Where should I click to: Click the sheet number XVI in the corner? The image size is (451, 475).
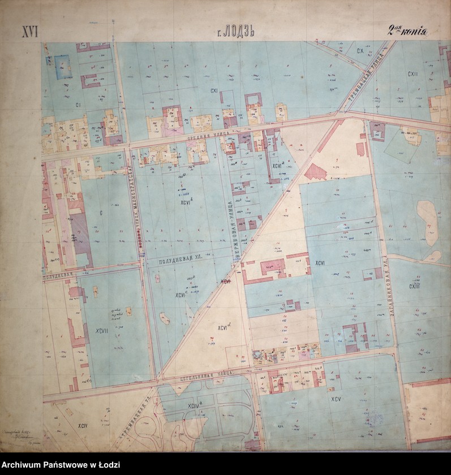coord(29,32)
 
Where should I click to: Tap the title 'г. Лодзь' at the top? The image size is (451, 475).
coord(235,32)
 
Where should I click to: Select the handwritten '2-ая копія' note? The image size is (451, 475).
coord(407,31)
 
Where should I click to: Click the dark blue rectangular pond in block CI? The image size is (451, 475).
coord(62,66)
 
